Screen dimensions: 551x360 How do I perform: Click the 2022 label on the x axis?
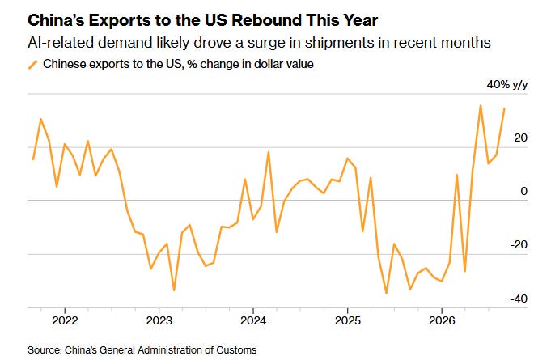click(x=65, y=320)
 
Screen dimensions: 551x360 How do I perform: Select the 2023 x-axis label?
click(x=159, y=320)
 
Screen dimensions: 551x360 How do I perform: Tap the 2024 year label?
click(x=253, y=320)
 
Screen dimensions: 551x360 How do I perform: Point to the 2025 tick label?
click(x=348, y=320)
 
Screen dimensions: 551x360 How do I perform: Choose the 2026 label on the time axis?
click(x=442, y=320)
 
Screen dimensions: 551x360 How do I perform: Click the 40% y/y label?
click(x=507, y=85)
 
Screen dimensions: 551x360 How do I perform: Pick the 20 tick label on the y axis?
click(x=521, y=138)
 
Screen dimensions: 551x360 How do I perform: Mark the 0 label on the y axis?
click(x=524, y=191)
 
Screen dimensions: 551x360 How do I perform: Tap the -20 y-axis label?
click(x=519, y=244)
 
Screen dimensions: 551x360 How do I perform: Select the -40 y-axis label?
click(x=519, y=299)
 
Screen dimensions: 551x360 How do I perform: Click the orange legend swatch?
click(x=32, y=65)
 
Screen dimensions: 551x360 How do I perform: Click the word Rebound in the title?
click(x=266, y=20)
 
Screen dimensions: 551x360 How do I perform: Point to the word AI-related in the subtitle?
click(x=61, y=43)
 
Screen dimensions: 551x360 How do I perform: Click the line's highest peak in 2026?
click(x=481, y=105)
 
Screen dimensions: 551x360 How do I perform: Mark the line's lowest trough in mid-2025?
click(x=386, y=293)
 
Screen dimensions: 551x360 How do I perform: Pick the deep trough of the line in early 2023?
click(x=174, y=290)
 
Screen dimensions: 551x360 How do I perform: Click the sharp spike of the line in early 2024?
click(x=269, y=152)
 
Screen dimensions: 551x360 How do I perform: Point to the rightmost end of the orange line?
click(x=504, y=108)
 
